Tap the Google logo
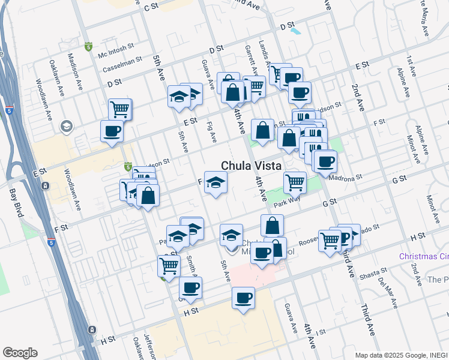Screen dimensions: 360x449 (20, 353)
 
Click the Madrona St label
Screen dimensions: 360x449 (346, 177)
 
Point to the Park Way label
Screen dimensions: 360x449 (286, 203)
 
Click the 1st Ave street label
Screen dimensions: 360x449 (411, 67)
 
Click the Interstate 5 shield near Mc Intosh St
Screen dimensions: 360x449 (89, 46)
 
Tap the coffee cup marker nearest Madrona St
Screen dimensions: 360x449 (325, 162)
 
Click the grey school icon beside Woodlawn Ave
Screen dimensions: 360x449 (65, 127)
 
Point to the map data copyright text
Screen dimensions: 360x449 (401, 355)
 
